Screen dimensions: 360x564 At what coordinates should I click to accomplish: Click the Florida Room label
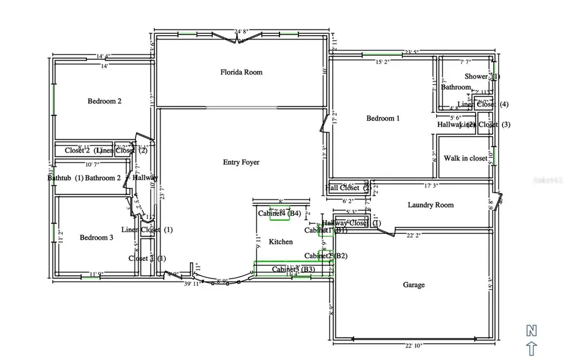point(241,72)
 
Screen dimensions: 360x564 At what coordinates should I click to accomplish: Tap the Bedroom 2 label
point(104,101)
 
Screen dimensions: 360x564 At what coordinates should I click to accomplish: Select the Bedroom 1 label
point(384,118)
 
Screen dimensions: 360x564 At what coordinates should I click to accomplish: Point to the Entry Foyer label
point(241,162)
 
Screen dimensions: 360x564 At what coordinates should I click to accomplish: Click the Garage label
point(414,285)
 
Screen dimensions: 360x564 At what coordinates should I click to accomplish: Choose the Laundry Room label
point(431,205)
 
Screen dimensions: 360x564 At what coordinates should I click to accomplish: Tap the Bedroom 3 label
point(97,237)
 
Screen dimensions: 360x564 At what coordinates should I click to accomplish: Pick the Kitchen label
point(281,241)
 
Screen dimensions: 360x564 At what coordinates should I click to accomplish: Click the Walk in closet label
point(466,158)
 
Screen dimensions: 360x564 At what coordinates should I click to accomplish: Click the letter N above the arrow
point(531,330)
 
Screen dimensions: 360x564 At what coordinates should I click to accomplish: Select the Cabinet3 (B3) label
point(293,270)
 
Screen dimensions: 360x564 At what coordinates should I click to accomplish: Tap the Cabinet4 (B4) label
point(279,214)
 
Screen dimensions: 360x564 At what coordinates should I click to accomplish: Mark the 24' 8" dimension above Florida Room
point(242,31)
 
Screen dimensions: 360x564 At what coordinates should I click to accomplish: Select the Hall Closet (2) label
point(348,188)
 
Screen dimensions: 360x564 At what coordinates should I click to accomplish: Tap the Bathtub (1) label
point(65,178)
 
